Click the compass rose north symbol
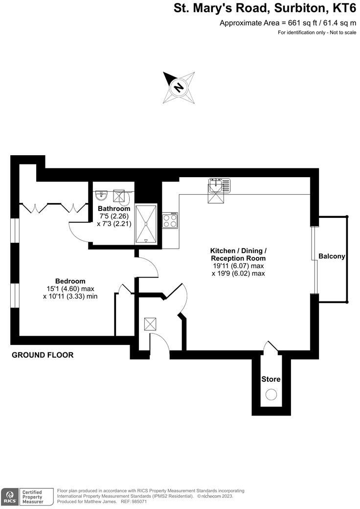pyautogui.click(x=179, y=88)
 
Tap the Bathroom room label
pyautogui.click(x=113, y=208)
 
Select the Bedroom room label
pyautogui.click(x=70, y=281)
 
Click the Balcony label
pyautogui.click(x=332, y=256)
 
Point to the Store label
pyautogui.click(x=270, y=379)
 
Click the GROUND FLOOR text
pyautogui.click(x=43, y=355)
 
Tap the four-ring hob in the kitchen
pyautogui.click(x=170, y=221)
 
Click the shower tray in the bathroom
pyautogui.click(x=146, y=223)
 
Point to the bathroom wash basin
pyautogui.click(x=101, y=196)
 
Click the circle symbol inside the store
pyautogui.click(x=270, y=394)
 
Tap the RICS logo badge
pyautogui.click(x=9, y=497)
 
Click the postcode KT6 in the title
pyautogui.click(x=345, y=8)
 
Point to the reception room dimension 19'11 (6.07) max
pyautogui.click(x=238, y=266)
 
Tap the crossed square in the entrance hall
pyautogui.click(x=150, y=324)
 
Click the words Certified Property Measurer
pyautogui.click(x=31, y=497)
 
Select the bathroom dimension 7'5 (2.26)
pyautogui.click(x=113, y=216)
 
